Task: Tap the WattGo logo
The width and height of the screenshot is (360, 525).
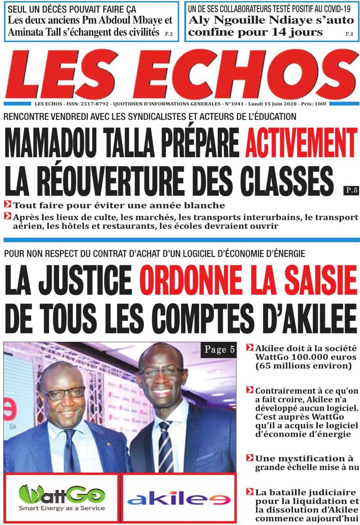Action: click(x=62, y=498)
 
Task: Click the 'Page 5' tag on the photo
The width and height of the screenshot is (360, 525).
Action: click(x=218, y=350)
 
